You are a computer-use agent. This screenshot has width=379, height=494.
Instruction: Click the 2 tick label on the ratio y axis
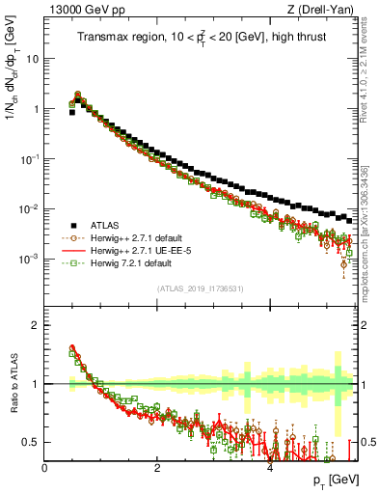(x=36, y=325)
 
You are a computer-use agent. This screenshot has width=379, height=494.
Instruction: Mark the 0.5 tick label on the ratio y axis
(x=31, y=442)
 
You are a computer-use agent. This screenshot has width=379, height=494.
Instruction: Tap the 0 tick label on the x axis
(x=45, y=467)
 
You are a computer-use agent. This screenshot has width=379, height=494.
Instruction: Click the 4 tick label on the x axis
(x=270, y=467)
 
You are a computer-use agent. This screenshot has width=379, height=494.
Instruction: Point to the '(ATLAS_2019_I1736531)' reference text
(x=201, y=288)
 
